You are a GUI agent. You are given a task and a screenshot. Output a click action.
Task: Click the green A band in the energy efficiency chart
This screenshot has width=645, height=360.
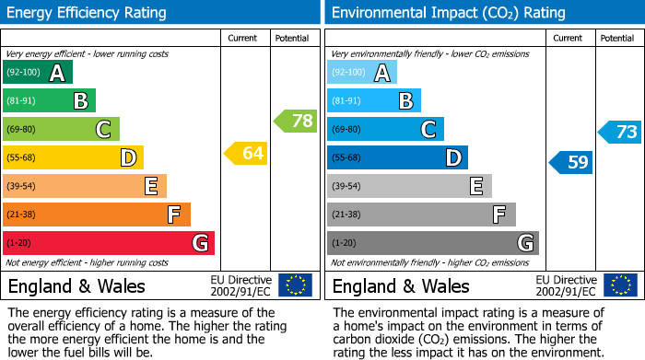point(38,73)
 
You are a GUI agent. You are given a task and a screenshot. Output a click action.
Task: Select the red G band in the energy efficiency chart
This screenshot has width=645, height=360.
point(108,243)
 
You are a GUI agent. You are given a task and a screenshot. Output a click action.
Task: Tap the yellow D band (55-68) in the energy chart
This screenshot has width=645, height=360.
point(73,158)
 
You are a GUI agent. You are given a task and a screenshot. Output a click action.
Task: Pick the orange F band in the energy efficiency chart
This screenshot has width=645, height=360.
point(96,215)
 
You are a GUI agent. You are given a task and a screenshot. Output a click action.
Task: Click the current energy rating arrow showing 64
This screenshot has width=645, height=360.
point(246,153)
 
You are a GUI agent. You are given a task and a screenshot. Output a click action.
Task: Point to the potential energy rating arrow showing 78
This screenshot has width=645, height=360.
point(296,121)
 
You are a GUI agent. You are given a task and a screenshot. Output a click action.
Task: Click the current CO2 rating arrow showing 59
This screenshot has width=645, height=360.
point(571,163)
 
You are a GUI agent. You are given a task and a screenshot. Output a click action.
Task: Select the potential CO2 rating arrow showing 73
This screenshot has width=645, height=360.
point(620,132)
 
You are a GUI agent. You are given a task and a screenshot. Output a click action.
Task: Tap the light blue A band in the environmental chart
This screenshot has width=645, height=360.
point(361,73)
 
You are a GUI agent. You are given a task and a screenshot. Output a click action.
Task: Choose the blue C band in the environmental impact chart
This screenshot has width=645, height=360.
point(385,130)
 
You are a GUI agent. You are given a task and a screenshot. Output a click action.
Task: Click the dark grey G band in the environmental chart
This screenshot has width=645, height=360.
point(432,243)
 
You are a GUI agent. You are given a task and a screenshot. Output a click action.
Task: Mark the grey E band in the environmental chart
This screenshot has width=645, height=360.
point(409,186)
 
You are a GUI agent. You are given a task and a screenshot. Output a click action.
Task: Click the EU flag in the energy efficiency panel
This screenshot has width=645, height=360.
point(295,285)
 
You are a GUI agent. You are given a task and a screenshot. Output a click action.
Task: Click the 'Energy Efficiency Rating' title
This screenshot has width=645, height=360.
point(88,13)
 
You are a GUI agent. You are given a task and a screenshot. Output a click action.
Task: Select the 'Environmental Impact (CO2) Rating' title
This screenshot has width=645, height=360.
point(448,13)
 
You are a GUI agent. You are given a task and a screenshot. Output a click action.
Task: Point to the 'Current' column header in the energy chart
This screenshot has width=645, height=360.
point(242,38)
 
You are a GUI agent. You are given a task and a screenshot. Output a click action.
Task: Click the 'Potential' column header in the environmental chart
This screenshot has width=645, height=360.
point(616,38)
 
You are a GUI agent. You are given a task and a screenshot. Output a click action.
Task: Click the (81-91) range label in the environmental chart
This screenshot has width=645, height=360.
point(346,101)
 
